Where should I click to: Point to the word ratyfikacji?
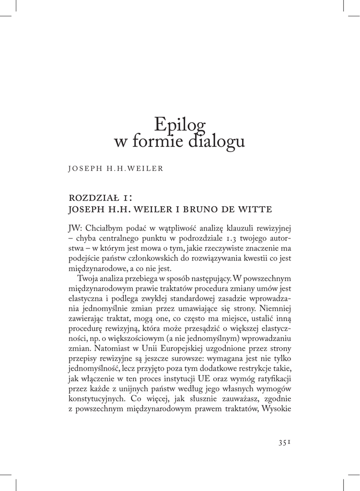(274, 379)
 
